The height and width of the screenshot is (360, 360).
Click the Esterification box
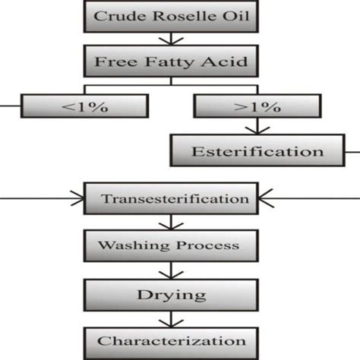point(258,150)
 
